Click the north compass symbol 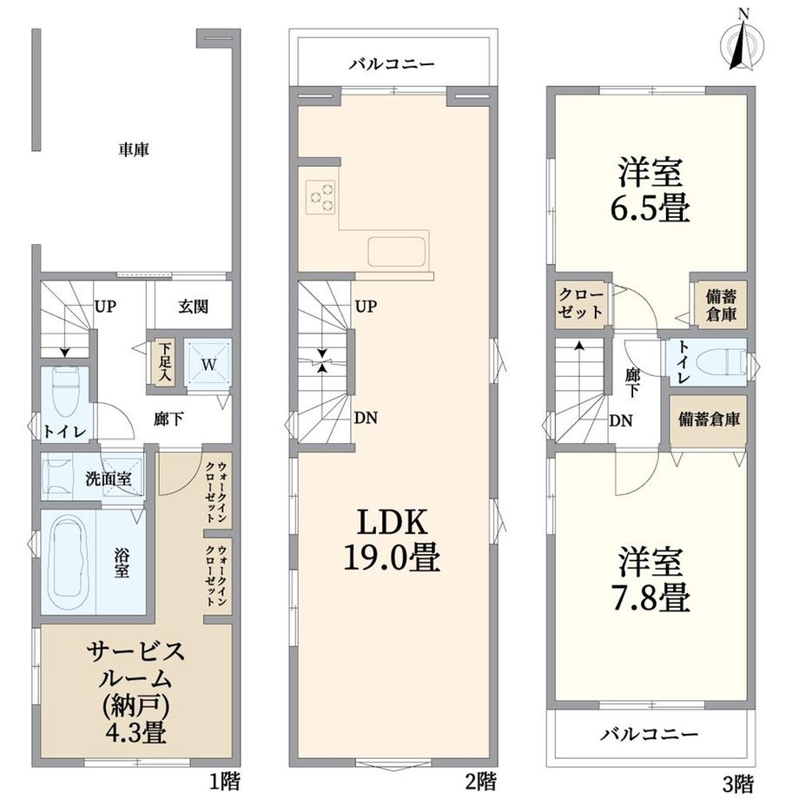coord(743,45)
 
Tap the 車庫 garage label coord(134,149)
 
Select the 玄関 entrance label coord(193,307)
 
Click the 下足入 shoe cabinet coord(165,363)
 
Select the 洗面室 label coord(109,479)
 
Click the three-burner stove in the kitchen coord(321,197)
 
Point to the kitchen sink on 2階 coord(397,252)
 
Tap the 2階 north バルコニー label coord(392,64)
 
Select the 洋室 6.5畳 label coord(650,190)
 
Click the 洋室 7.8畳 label coord(650,579)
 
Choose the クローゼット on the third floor coord(580,303)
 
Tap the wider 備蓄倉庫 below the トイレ coord(709,419)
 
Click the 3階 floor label coord(738,782)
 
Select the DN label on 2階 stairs coord(366,418)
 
